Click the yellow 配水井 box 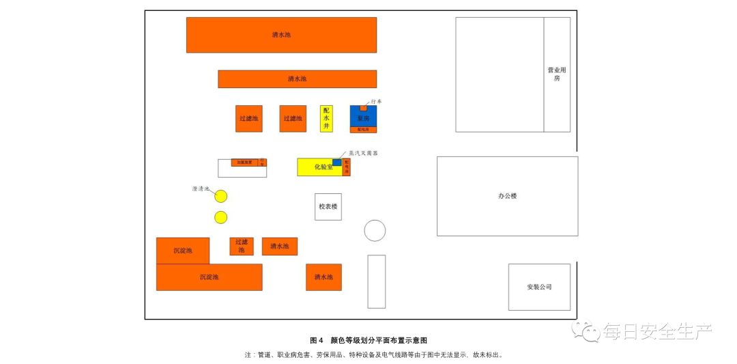pyautogui.click(x=326, y=118)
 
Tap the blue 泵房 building pyautogui.click(x=363, y=117)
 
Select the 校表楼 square pyautogui.click(x=328, y=206)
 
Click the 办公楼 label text pyautogui.click(x=507, y=196)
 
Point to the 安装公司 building pyautogui.click(x=539, y=287)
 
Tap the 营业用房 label pyautogui.click(x=557, y=74)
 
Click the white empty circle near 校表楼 pyautogui.click(x=375, y=231)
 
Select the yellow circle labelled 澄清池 pyautogui.click(x=220, y=197)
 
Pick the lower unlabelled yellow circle pyautogui.click(x=220, y=217)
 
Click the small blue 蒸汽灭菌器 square pyautogui.click(x=337, y=162)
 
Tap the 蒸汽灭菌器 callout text pyautogui.click(x=363, y=153)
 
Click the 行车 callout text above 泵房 pyautogui.click(x=376, y=102)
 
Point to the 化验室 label pyautogui.click(x=323, y=167)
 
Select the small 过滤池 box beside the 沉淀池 pyautogui.click(x=242, y=246)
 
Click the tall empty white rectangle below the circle pyautogui.click(x=376, y=281)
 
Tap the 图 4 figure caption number pyautogui.click(x=316, y=340)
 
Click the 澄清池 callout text pyautogui.click(x=201, y=189)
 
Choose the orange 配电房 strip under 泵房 pyautogui.click(x=363, y=129)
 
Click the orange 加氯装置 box pyautogui.click(x=244, y=163)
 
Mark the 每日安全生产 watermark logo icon pyautogui.click(x=586, y=331)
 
